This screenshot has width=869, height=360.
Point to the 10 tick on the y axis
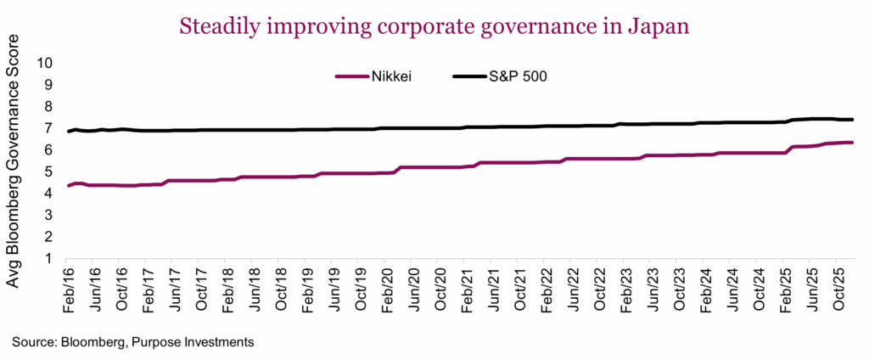pyautogui.click(x=45, y=63)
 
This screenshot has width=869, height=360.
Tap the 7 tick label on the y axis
pyautogui.click(x=49, y=128)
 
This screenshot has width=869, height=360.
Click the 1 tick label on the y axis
pyautogui.click(x=49, y=259)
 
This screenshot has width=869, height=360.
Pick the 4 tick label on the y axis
pyautogui.click(x=49, y=194)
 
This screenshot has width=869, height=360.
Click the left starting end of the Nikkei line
pyautogui.click(x=69, y=186)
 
